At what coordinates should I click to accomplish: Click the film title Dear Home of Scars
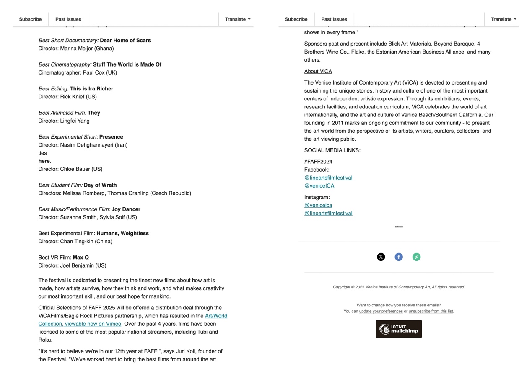pos(125,41)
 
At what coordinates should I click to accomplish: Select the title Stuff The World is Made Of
pos(127,64)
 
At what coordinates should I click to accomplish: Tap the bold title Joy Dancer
pos(126,209)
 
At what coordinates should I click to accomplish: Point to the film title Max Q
pos(80,258)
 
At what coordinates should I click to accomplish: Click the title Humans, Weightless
pos(122,234)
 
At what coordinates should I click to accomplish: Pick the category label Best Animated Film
pos(62,113)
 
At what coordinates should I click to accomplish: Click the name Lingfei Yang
pos(75,121)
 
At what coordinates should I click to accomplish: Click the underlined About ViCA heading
pos(318,72)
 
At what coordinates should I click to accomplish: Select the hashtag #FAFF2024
pos(318,162)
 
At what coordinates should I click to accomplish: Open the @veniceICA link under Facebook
pos(319,186)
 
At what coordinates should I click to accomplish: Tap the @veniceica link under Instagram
pos(318,206)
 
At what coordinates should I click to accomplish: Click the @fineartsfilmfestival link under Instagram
pos(328,214)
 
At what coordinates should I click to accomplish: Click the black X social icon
pos(381,257)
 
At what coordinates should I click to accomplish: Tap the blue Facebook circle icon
pos(399,257)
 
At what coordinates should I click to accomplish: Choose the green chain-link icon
pos(416,257)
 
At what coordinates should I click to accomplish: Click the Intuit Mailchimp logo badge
pos(399,329)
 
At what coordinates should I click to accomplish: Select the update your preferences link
pos(381,312)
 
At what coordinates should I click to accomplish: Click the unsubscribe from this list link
pos(431,312)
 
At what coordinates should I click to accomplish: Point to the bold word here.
pos(45,161)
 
